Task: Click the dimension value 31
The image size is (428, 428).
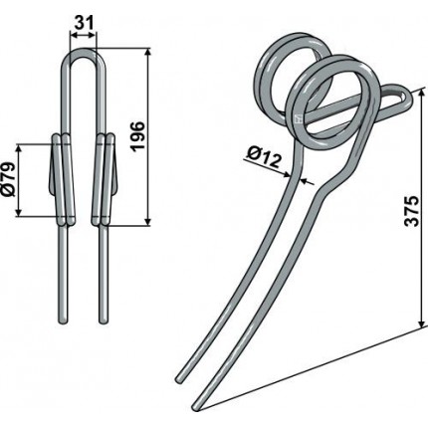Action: [83, 23]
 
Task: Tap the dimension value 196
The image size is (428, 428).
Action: [138, 136]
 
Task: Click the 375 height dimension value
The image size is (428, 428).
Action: [412, 211]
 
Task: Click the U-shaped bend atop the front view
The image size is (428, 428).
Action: [84, 52]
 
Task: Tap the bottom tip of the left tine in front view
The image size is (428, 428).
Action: [63, 321]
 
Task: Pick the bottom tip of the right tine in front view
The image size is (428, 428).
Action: [104, 321]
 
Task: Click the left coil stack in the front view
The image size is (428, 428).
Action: [63, 179]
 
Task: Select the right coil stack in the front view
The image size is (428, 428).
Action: [104, 179]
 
